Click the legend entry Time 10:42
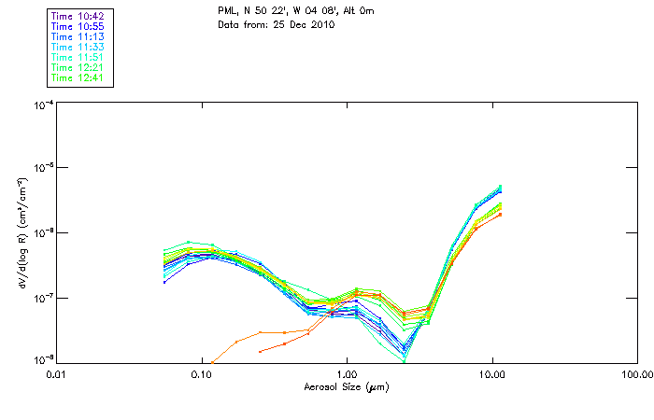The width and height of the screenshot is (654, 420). [x=78, y=16]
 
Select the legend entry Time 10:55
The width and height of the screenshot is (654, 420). [x=78, y=26]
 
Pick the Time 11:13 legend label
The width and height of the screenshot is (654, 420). [x=78, y=36]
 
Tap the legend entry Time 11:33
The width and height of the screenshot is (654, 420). [x=78, y=47]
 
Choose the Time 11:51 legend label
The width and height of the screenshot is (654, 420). [x=78, y=57]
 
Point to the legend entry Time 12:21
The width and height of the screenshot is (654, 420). [x=78, y=67]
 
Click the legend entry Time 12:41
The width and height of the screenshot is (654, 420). [x=78, y=77]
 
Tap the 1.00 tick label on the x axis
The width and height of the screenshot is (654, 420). [x=347, y=374]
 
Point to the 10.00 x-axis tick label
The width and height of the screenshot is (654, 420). [x=491, y=374]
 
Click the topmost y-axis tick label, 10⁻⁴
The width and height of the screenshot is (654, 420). [x=42, y=105]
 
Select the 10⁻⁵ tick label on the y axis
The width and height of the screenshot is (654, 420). [x=42, y=168]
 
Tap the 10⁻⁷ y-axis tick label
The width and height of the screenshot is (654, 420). [x=42, y=297]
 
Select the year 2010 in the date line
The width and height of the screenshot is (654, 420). [x=320, y=23]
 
